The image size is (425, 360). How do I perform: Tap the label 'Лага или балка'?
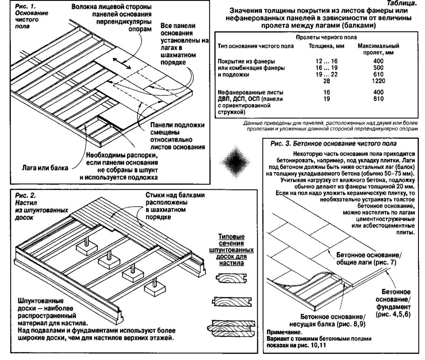(42, 167)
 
